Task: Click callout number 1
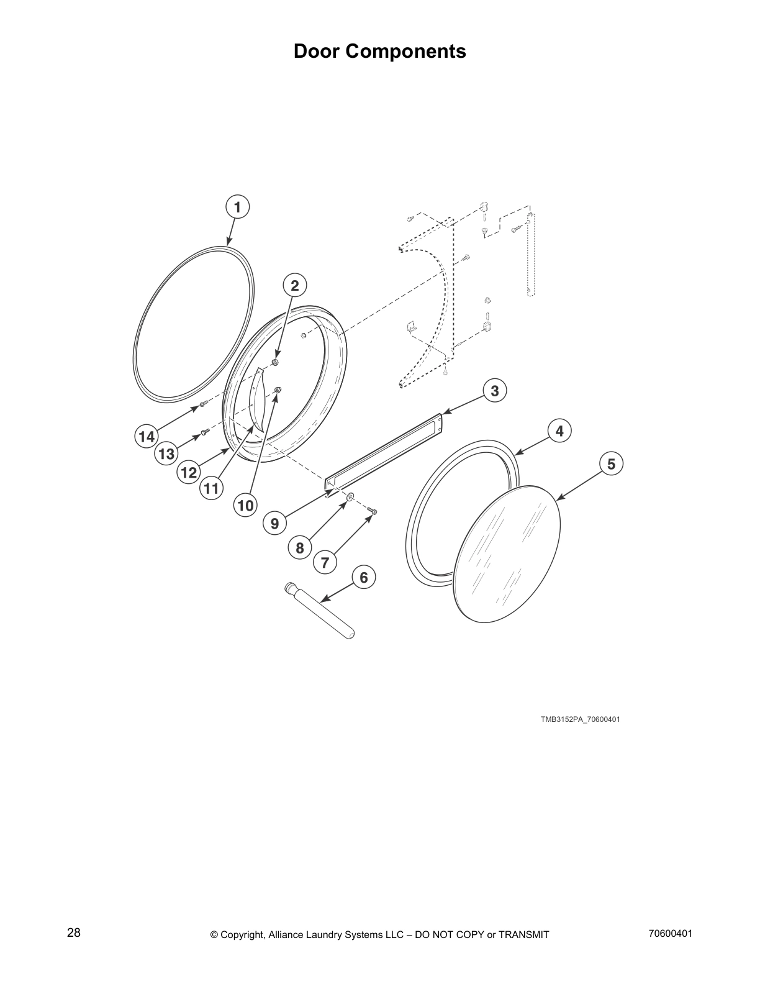[237, 207]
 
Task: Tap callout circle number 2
[295, 286]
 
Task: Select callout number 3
[494, 391]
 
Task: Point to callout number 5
[611, 464]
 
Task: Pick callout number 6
[363, 578]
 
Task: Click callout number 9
[274, 523]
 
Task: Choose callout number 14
[147, 437]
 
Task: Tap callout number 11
[211, 489]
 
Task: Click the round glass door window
[507, 553]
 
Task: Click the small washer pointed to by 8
[350, 496]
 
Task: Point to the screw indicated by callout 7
[373, 511]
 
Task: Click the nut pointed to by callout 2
[276, 362]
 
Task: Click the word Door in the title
[317, 51]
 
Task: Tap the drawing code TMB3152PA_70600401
[580, 719]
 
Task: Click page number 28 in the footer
[74, 933]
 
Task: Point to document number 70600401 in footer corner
[670, 933]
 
